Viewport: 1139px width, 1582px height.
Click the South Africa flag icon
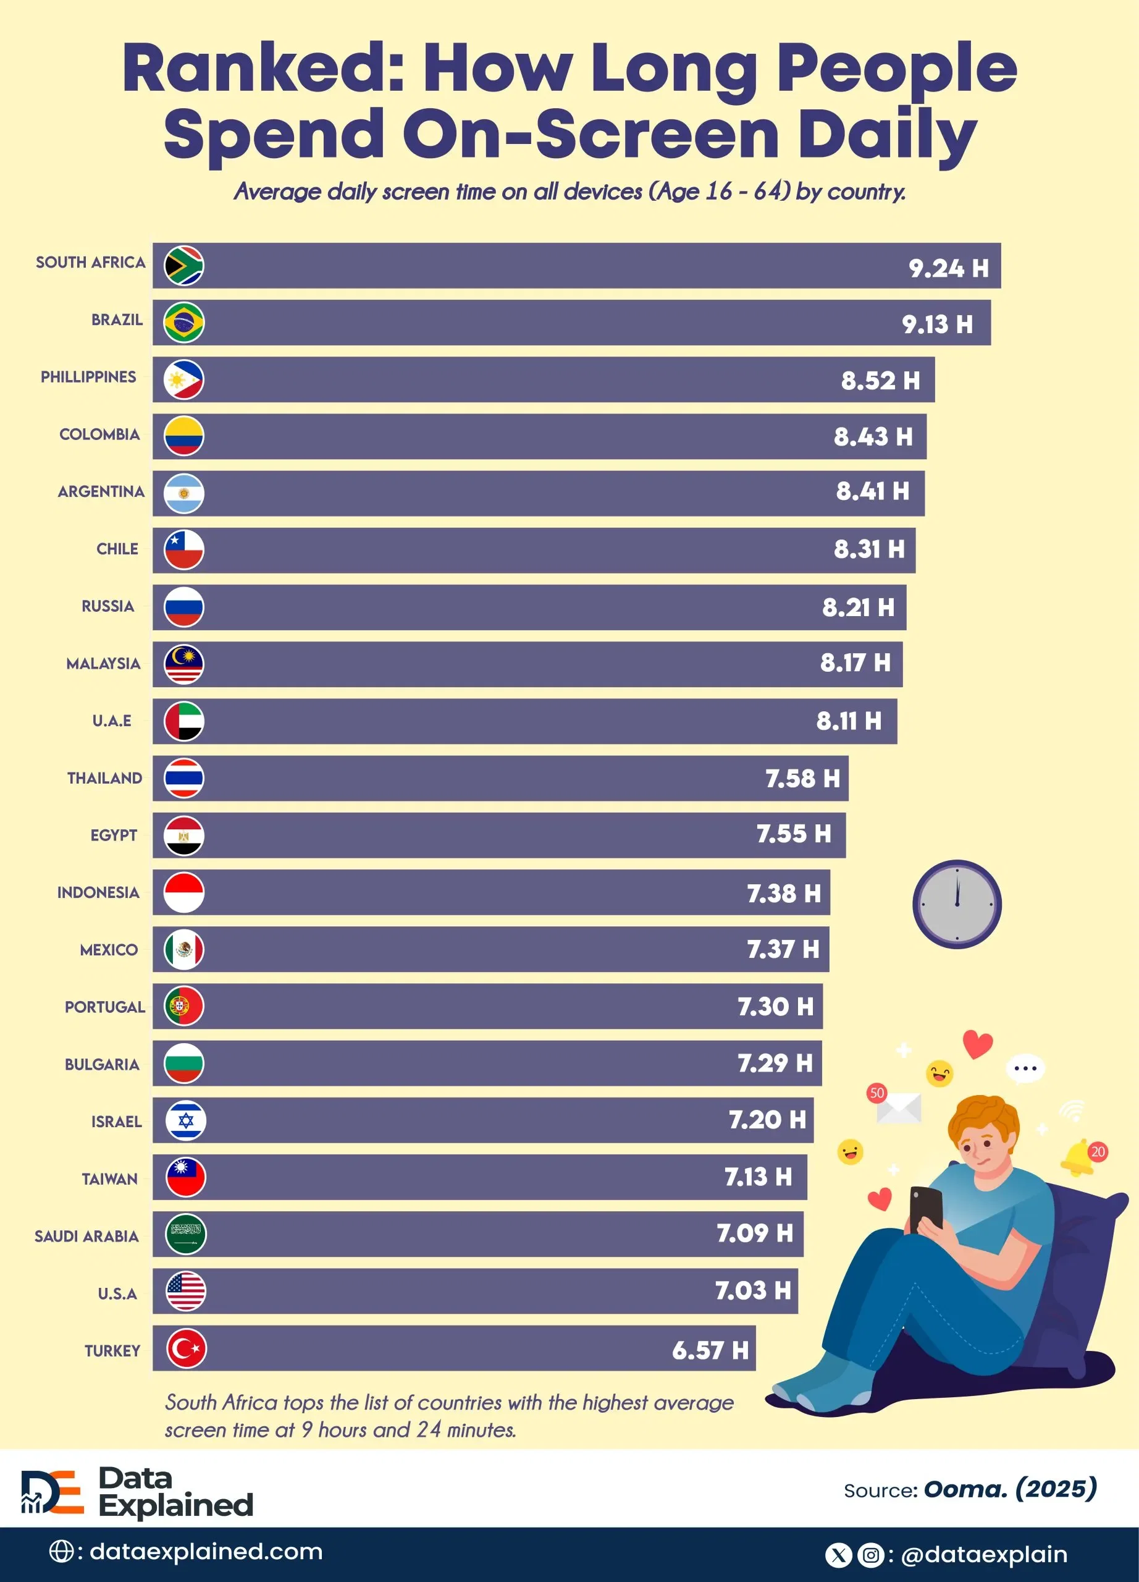pos(183,265)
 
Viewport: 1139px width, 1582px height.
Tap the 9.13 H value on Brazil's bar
pos(937,324)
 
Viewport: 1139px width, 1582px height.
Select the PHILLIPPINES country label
pos(88,377)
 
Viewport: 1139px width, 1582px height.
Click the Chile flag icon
pos(183,549)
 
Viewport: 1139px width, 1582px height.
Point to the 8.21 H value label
pos(858,607)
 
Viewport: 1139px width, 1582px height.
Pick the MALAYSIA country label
pos(103,663)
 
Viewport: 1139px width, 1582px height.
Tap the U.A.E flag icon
pos(183,721)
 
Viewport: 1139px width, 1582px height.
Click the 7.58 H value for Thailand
pos(802,779)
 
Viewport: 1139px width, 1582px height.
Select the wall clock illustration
pos(956,904)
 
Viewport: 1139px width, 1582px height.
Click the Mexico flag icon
pos(183,950)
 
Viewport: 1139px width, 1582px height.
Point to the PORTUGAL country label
pos(104,1007)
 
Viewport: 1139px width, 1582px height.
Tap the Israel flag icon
pos(185,1121)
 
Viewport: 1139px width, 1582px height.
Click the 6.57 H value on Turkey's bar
pos(710,1350)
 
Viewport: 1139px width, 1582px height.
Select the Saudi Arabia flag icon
pos(185,1235)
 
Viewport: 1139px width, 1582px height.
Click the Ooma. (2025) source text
pos(1009,1489)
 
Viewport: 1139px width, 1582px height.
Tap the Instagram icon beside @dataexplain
pos(871,1555)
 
